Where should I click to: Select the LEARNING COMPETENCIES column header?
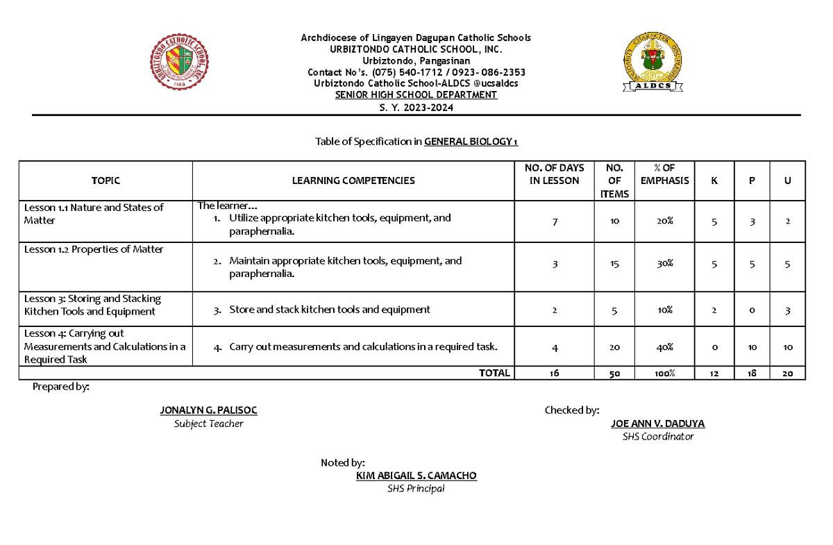click(353, 181)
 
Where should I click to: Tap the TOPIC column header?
click(106, 181)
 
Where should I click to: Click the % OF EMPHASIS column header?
click(664, 174)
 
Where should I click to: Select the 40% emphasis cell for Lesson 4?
click(664, 346)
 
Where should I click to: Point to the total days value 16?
click(554, 374)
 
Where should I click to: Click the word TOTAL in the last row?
click(494, 374)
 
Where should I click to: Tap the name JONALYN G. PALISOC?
click(208, 410)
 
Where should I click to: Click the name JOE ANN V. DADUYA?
click(657, 424)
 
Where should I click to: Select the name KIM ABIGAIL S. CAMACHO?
click(416, 476)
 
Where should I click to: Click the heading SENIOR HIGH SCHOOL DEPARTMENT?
click(416, 95)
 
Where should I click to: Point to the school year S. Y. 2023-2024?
click(416, 107)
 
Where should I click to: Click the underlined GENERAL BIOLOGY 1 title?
click(471, 142)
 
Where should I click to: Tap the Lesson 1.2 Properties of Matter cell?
click(94, 249)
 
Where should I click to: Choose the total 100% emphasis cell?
click(664, 374)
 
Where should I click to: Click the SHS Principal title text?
click(416, 488)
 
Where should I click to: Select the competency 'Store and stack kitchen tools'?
click(330, 310)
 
